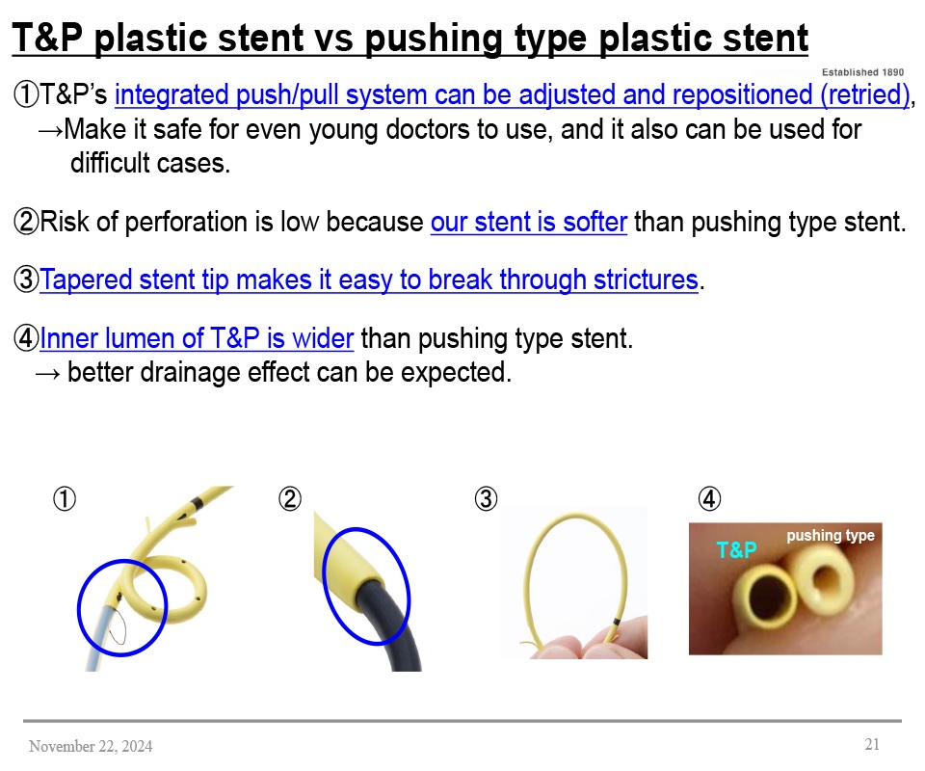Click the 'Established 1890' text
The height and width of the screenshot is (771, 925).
coord(862,71)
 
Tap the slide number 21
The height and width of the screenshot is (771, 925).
coord(872,744)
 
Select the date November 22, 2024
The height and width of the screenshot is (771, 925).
coord(91,746)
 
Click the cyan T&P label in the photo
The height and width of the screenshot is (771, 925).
coord(737,550)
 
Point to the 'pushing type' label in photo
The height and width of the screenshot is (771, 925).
coord(830,536)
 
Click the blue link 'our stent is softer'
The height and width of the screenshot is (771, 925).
coord(529,223)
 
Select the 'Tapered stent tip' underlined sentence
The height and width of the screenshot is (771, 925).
coord(369,280)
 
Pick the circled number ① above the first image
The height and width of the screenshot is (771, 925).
coord(64,499)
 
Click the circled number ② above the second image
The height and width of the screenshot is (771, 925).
coord(290,499)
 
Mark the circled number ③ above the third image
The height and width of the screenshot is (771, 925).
coord(487,499)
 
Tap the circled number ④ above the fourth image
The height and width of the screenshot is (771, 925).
coord(708,499)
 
